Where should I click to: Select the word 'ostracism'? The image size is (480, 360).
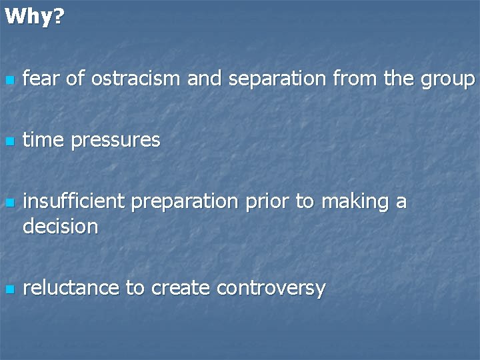135,79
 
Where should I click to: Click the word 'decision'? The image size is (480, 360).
60,227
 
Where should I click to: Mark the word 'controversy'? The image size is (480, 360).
271,289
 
